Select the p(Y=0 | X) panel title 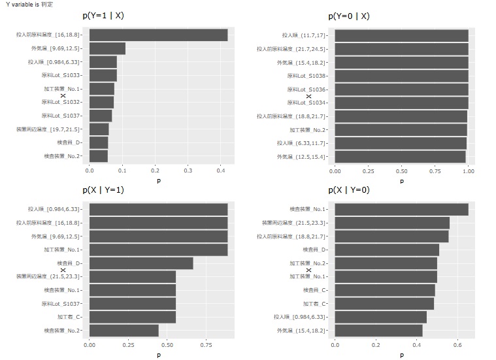click(348, 16)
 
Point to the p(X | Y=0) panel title click(348, 190)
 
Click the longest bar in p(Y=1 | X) click(158, 35)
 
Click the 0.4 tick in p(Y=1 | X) click(220, 171)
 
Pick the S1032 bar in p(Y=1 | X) click(101, 103)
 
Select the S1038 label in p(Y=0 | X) click(306, 76)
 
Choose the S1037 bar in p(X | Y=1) click(132, 304)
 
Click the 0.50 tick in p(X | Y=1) click(167, 345)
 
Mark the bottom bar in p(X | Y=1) click(124, 331)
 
